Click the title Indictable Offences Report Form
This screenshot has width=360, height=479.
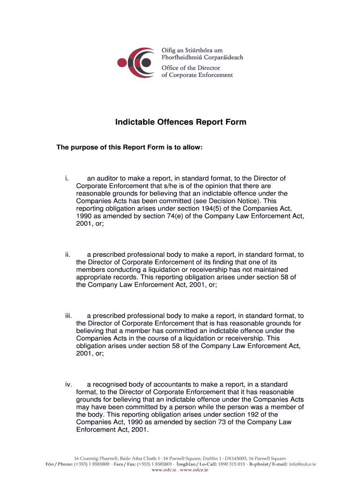[180, 123]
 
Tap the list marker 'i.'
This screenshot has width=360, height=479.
[67, 178]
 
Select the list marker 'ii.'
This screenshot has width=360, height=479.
[68, 255]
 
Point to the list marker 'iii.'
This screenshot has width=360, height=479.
[69, 316]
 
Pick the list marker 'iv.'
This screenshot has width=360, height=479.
[69, 385]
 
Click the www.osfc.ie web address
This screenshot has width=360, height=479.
[165, 470]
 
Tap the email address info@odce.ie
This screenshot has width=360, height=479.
[302, 464]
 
